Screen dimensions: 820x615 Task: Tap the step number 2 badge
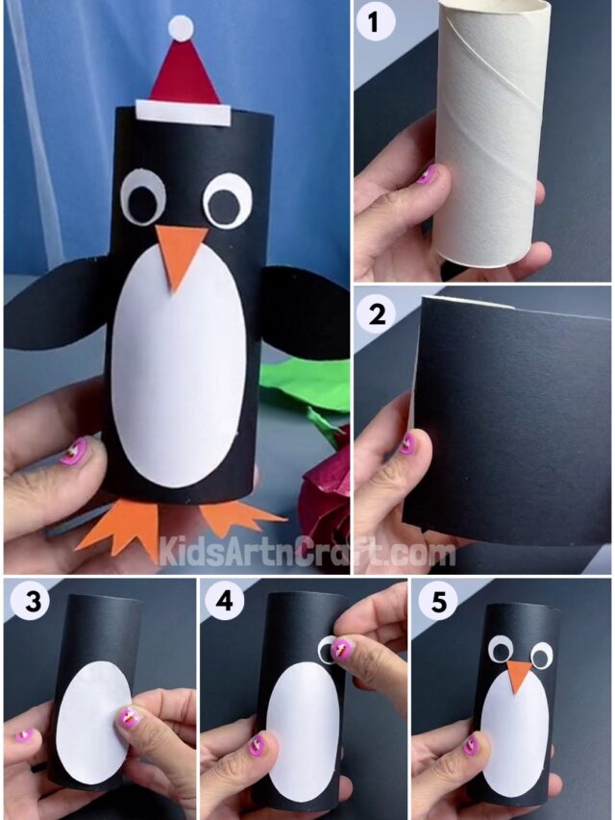[376, 313]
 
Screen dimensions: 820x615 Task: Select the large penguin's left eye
[144, 200]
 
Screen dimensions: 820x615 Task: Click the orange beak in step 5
[520, 677]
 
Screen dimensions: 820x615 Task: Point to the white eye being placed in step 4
[328, 649]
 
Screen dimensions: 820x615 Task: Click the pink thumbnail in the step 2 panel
[407, 443]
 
